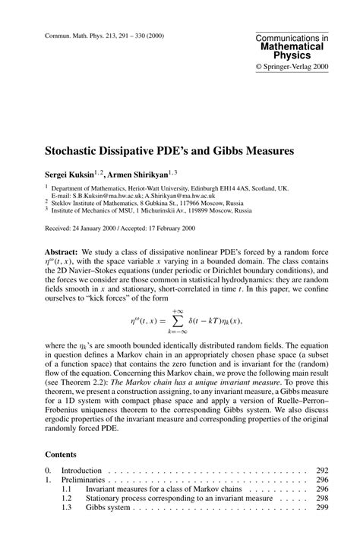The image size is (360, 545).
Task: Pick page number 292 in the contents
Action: point(321,471)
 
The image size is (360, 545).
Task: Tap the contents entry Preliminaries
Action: point(84,480)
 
